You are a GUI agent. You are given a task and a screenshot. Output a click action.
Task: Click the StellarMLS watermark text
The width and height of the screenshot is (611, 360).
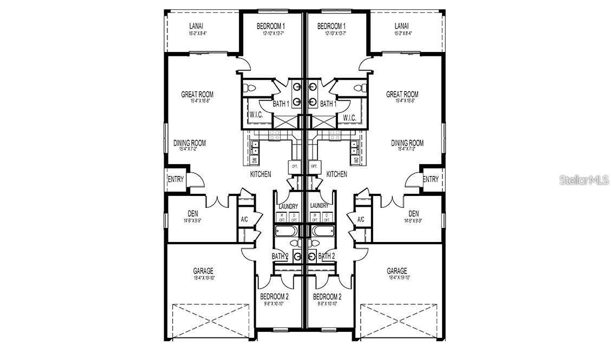pos(584,180)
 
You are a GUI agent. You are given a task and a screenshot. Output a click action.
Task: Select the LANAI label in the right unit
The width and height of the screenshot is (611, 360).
pos(402,26)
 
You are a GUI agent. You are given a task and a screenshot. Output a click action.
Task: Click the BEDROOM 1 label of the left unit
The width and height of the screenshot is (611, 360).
pos(271,26)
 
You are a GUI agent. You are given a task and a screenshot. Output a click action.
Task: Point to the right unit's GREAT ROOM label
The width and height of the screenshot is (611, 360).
pos(402,94)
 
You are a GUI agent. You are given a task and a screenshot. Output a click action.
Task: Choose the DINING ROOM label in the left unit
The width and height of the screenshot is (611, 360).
pos(190,143)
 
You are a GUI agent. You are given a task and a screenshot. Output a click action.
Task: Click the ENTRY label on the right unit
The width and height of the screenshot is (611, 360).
pos(430,179)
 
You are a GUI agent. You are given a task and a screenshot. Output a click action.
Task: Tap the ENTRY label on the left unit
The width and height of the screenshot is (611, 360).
pos(176,179)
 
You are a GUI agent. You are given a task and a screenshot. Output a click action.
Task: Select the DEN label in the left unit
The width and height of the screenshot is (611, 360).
pos(193,213)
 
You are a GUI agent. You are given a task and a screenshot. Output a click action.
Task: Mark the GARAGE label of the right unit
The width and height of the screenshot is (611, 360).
pos(397,271)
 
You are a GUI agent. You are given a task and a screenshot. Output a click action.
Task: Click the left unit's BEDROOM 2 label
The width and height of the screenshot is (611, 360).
pos(274,297)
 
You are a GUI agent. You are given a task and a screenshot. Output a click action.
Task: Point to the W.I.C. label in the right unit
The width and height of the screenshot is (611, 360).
pos(349,117)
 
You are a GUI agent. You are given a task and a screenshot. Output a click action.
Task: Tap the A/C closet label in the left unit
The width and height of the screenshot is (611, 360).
pos(244,219)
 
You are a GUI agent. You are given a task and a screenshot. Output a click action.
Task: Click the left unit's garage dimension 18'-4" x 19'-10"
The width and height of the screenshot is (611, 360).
pos(203,278)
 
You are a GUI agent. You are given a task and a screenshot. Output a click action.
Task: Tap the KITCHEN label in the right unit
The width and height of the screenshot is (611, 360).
pos(336,174)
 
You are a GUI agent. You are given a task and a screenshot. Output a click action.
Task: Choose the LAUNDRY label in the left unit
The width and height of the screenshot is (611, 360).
pos(288,206)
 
